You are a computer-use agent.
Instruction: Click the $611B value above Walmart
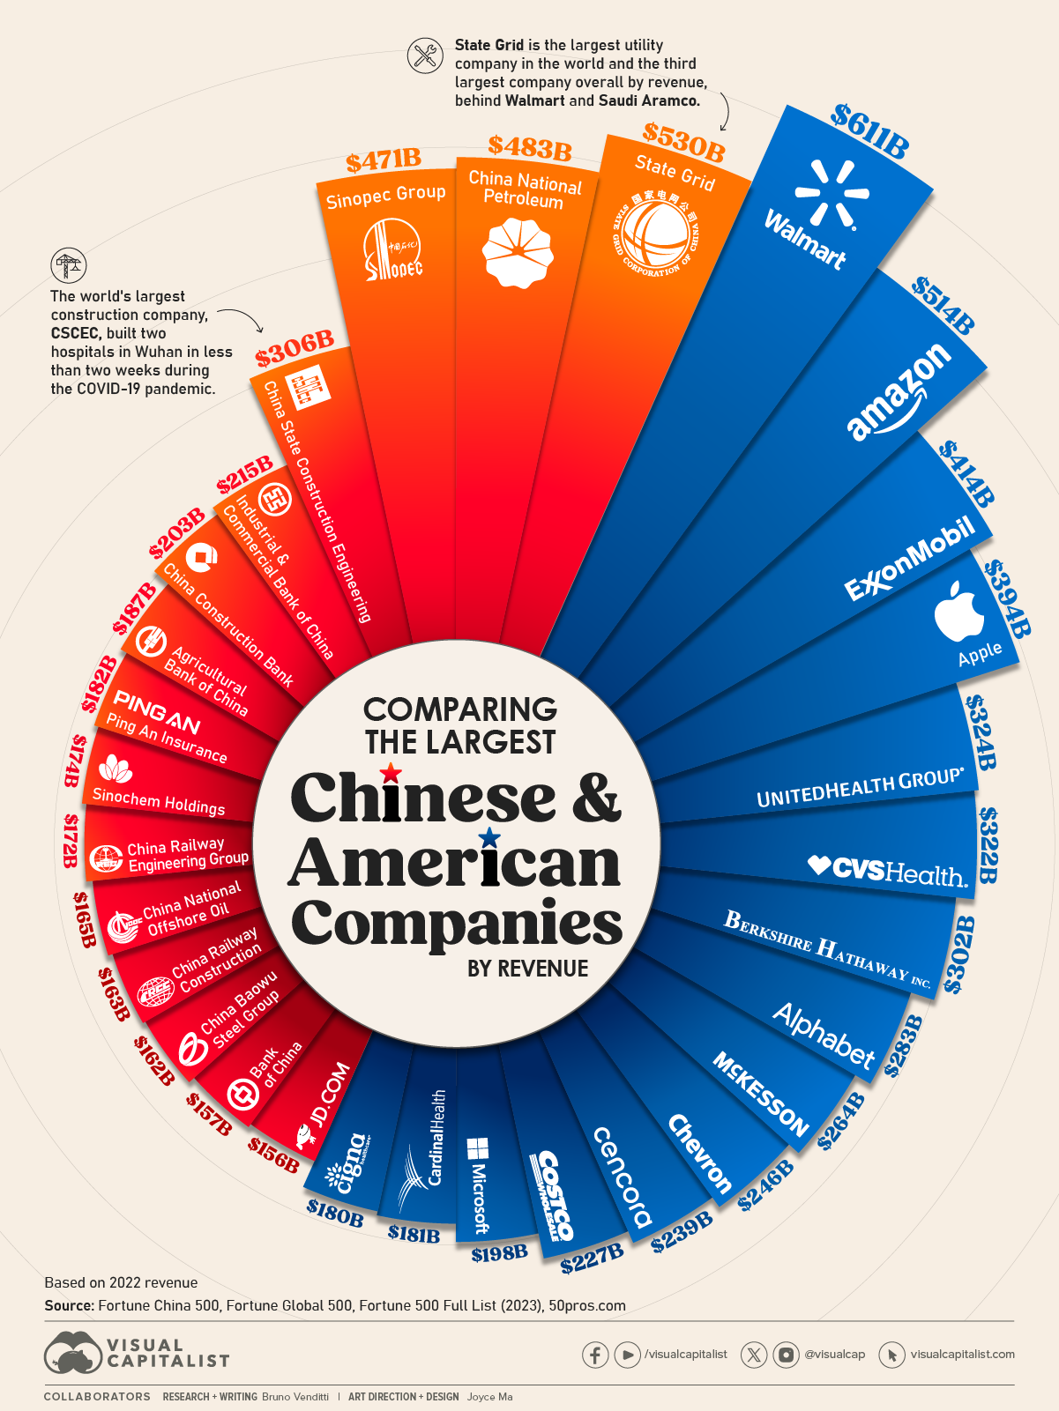[x=869, y=132]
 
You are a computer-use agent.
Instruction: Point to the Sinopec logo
[x=393, y=250]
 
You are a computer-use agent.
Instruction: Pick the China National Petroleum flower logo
[x=518, y=252]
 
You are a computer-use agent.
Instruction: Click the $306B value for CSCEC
[x=295, y=349]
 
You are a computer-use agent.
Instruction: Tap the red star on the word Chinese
[x=391, y=774]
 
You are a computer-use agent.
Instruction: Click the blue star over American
[x=489, y=837]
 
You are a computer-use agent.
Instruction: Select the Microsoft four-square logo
[x=478, y=1148]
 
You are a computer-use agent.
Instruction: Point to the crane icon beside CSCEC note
[x=69, y=265]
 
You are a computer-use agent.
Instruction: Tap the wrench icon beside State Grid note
[x=425, y=56]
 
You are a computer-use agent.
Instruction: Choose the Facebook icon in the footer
[x=595, y=1355]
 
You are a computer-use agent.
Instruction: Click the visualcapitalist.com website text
[x=962, y=1355]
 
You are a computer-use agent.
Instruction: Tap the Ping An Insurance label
[x=167, y=738]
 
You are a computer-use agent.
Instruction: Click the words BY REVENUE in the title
[x=527, y=969]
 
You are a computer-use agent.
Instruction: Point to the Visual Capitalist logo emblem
[x=73, y=1352]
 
